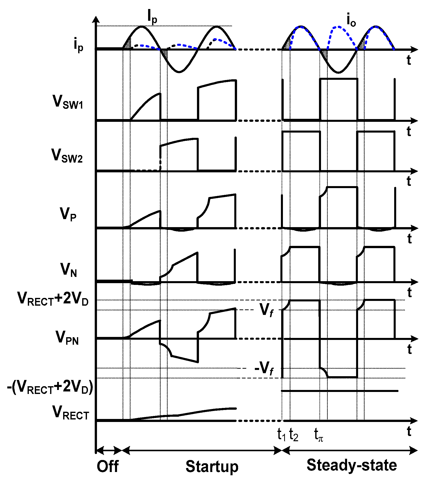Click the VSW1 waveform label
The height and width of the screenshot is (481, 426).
click(68, 102)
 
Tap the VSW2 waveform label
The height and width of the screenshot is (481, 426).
click(67, 156)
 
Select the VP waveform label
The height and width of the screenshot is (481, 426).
click(68, 215)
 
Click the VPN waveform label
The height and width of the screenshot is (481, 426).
click(67, 338)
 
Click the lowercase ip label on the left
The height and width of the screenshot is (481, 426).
click(78, 46)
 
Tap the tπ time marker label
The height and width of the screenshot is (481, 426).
click(318, 435)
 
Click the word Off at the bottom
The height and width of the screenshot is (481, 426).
click(108, 466)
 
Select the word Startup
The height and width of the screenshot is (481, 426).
click(212, 466)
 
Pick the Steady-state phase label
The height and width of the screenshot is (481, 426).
click(352, 465)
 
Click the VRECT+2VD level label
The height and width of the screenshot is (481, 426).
click(53, 299)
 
